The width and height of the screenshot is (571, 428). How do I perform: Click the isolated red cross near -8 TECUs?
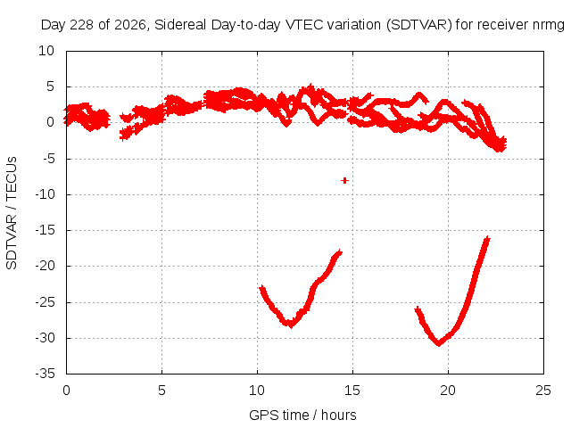(344, 180)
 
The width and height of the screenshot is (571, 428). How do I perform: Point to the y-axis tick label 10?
(46, 51)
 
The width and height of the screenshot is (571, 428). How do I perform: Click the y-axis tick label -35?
(46, 374)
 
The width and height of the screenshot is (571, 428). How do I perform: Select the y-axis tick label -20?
(46, 266)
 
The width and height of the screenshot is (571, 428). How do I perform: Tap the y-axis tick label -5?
(48, 159)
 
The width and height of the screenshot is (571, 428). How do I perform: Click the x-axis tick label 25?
(543, 391)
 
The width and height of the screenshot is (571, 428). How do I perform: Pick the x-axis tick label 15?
(352, 391)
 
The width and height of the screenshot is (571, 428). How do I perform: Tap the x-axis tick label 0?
(66, 391)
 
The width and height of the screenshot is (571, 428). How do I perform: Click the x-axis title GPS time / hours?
(302, 415)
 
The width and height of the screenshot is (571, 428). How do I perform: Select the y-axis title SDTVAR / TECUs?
(12, 213)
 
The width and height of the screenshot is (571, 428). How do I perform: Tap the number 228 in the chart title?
(81, 25)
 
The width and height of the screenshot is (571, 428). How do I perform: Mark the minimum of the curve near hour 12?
(290, 324)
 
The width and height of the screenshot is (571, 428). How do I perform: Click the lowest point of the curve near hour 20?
(439, 342)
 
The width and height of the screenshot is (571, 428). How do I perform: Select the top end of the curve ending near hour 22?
(487, 239)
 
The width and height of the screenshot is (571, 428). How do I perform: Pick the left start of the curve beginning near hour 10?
(261, 288)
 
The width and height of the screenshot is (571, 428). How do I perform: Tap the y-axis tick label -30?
(46, 338)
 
